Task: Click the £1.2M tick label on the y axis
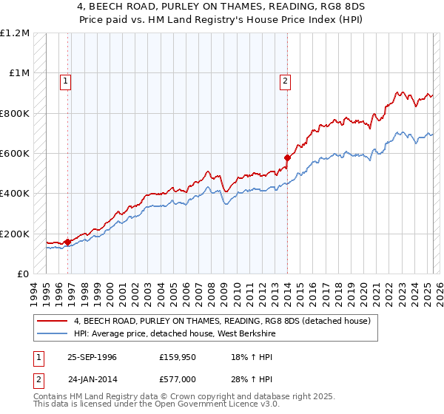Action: tap(15, 33)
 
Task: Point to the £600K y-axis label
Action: tap(15, 154)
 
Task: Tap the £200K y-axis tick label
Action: tap(15, 234)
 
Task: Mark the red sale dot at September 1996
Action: tap(67, 242)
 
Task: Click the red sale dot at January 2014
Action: tap(287, 157)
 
